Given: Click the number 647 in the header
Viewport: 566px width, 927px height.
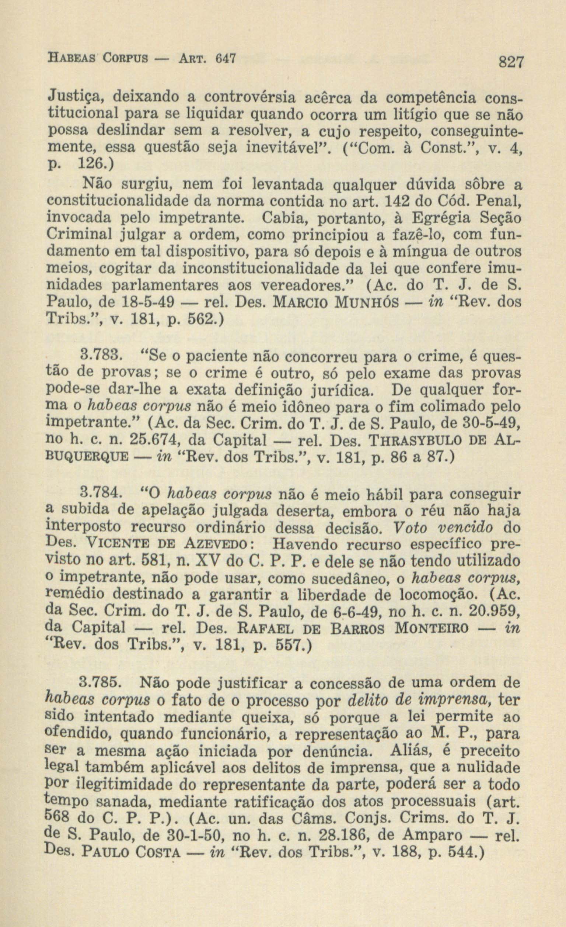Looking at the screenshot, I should tap(225, 58).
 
